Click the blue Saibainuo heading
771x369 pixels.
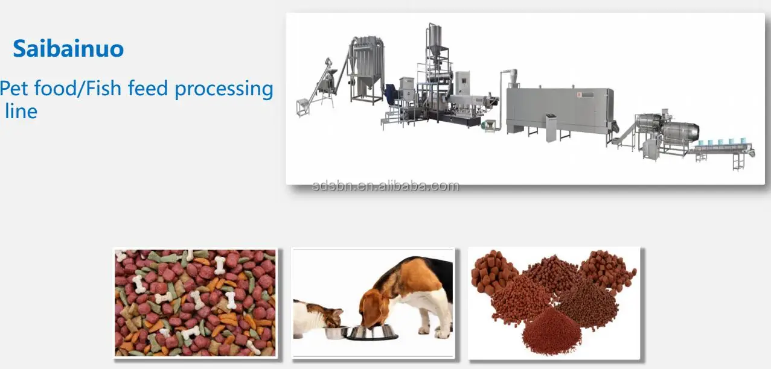pyautogui.click(x=68, y=49)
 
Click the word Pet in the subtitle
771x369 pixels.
pyautogui.click(x=14, y=89)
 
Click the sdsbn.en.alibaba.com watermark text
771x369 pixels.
pyautogui.click(x=385, y=186)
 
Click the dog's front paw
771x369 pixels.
pyautogui.click(x=446, y=333)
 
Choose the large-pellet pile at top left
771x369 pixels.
pyautogui.click(x=493, y=271)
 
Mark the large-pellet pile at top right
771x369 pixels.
pyautogui.click(x=607, y=270)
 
